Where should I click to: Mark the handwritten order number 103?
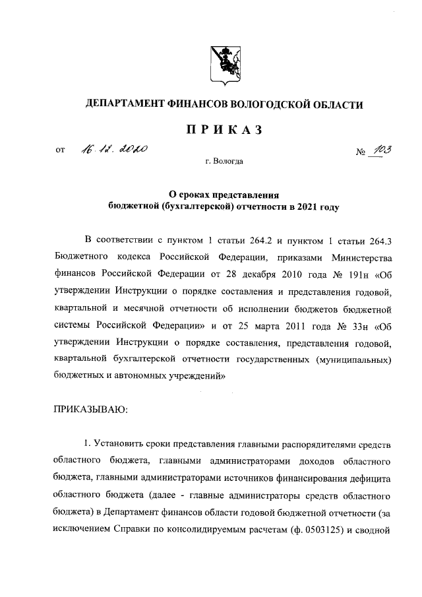pos(380,150)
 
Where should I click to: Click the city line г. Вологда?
pos(224,161)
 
